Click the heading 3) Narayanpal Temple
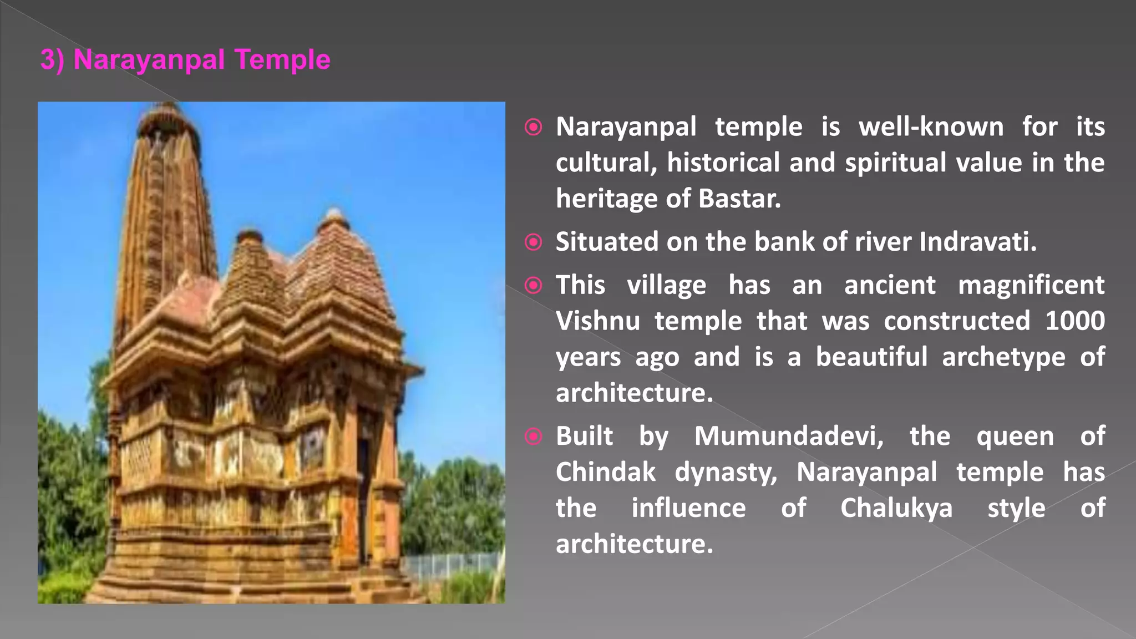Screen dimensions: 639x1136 click(x=185, y=60)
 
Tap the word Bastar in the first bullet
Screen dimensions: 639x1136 click(x=739, y=199)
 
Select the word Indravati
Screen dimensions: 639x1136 click(x=977, y=242)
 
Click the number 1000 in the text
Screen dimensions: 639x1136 click(x=1074, y=321)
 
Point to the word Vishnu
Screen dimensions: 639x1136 click(x=597, y=321)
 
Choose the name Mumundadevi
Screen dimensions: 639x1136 click(x=789, y=436)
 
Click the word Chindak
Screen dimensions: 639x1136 click(x=605, y=472)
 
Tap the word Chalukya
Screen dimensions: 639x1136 click(x=896, y=508)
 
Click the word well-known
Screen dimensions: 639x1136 click(x=931, y=127)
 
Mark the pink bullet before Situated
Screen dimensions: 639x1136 click(x=534, y=242)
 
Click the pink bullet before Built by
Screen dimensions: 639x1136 click(x=534, y=437)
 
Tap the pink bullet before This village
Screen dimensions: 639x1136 click(x=534, y=285)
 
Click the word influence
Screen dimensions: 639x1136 click(x=688, y=508)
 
